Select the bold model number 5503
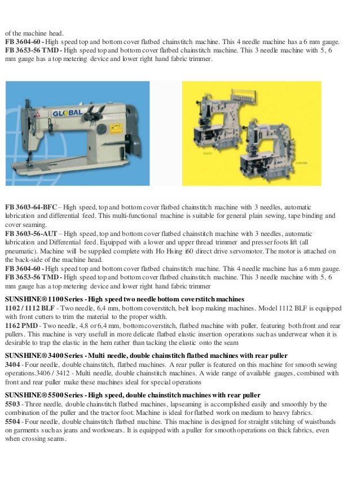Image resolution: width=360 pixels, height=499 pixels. click(13, 404)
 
